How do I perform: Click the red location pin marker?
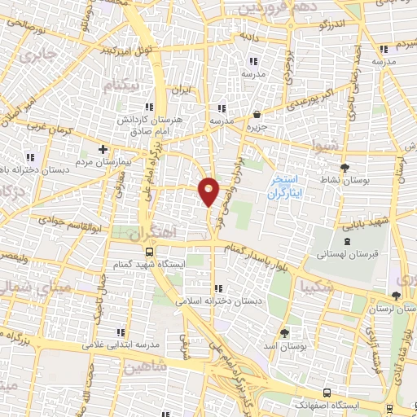pyautogui.click(x=209, y=191)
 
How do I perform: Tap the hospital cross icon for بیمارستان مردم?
pyautogui.click(x=103, y=150)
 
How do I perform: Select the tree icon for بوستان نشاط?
pyautogui.click(x=345, y=162)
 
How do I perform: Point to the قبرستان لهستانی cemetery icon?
pyautogui.click(x=348, y=241)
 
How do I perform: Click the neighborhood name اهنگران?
pyautogui.click(x=151, y=233)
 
